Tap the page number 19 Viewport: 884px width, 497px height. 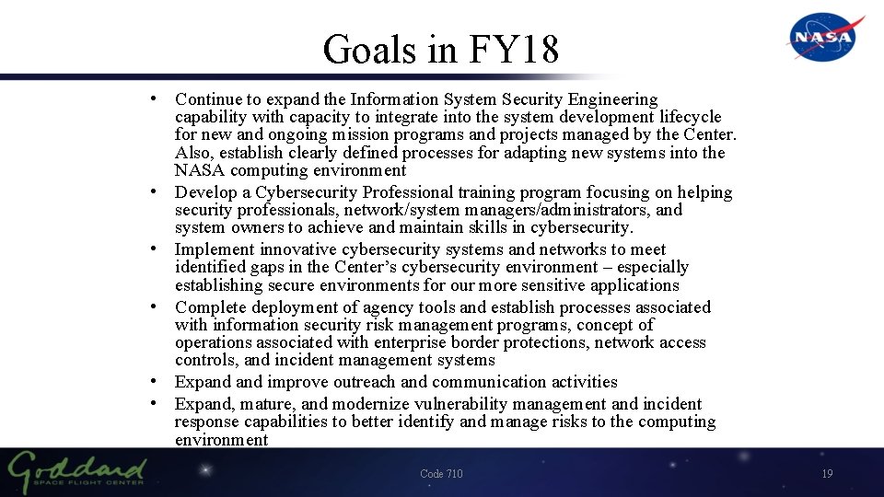pyautogui.click(x=826, y=474)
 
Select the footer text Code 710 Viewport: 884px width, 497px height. pyautogui.click(x=441, y=474)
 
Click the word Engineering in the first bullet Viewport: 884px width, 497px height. pyautogui.click(x=613, y=99)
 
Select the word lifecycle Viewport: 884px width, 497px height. pyautogui.click(x=691, y=117)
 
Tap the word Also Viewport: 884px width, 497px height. pyautogui.click(x=192, y=153)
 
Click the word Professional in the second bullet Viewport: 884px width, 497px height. pyautogui.click(x=410, y=192)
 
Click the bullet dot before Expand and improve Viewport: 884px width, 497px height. pyautogui.click(x=161, y=382)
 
